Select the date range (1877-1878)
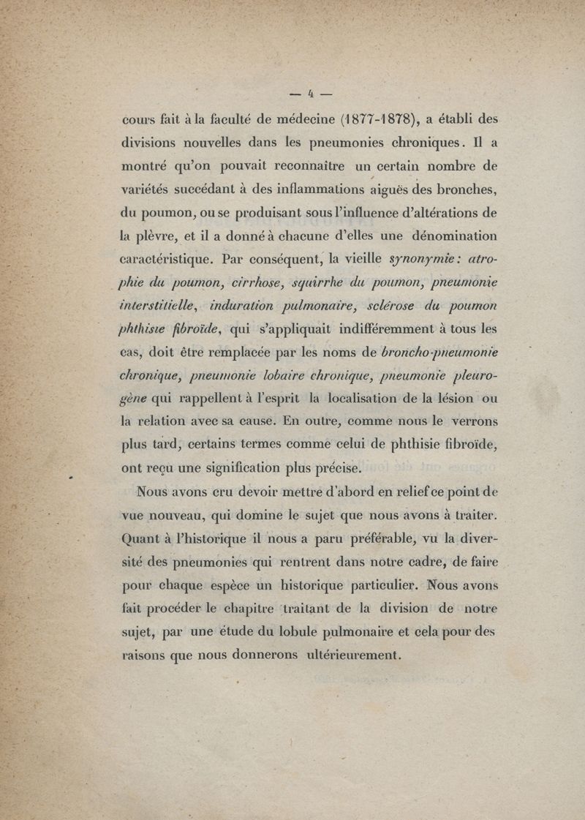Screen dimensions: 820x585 coord(374,120)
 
